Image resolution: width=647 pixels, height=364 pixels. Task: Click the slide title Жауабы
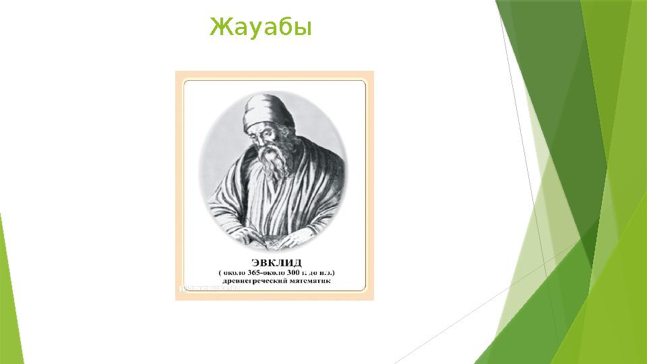260,28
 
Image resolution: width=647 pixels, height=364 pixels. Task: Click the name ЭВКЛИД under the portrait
276,262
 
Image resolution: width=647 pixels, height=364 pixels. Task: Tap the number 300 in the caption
301,272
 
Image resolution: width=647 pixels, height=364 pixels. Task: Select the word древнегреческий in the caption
251,282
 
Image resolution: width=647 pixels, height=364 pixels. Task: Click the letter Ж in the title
217,28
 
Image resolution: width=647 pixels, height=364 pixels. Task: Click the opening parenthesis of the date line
219,272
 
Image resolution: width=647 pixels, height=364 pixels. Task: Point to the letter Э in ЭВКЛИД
255,262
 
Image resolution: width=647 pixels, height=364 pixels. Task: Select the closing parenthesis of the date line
334,272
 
